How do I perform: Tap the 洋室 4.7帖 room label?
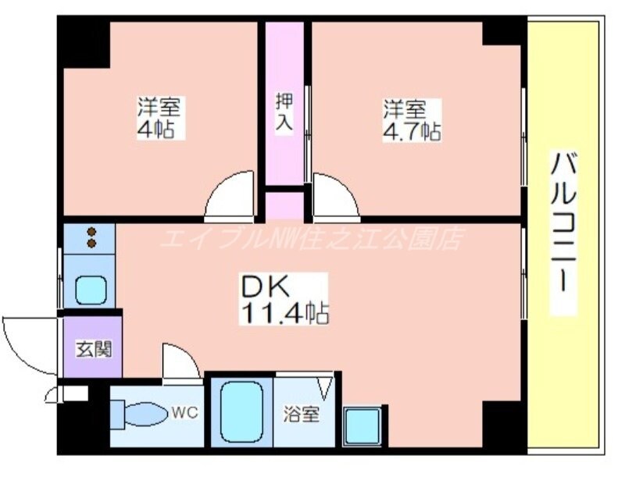coord(410,119)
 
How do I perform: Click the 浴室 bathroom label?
coord(301,415)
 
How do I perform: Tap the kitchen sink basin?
coord(91,290)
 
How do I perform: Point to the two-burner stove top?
coord(91,238)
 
